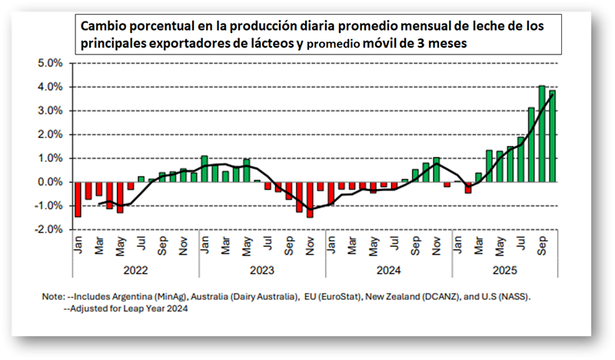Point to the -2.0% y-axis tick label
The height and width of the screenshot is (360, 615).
[x=49, y=229]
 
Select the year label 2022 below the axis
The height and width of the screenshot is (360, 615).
[x=135, y=268]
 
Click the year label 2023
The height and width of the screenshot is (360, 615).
[x=262, y=268]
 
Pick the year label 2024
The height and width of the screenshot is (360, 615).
[x=389, y=268]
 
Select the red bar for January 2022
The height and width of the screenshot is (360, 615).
[x=78, y=199]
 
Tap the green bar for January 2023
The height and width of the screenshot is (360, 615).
[x=204, y=168]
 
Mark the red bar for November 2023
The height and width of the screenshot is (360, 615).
[x=310, y=199]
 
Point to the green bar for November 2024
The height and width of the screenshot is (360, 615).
[x=437, y=169]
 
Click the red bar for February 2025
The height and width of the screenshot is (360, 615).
[x=468, y=187]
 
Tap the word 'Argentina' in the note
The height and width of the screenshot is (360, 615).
[x=154, y=295]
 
